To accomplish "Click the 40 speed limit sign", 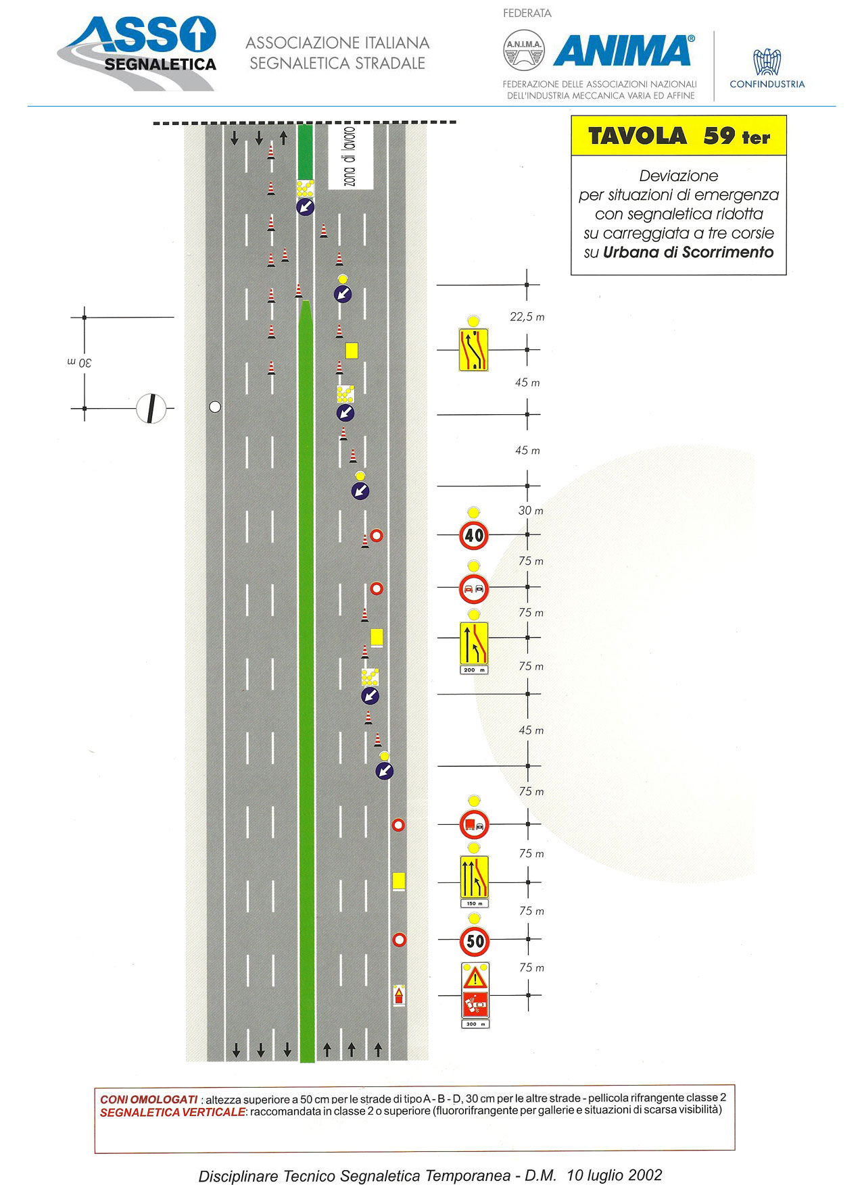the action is point(474,536).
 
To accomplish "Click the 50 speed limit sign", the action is point(475,940).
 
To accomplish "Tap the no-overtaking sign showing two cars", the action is point(474,588).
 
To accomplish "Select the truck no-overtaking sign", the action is point(474,824).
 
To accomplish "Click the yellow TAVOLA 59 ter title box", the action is point(679,136).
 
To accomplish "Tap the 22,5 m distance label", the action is point(527,317).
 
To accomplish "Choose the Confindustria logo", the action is point(767,68).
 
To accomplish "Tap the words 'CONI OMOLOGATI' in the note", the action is point(149,1099).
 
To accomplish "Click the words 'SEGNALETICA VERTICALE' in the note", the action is point(172,1112).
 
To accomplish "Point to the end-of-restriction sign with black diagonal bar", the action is point(151,408).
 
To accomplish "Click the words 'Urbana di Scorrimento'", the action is point(688,252).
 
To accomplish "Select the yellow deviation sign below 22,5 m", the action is point(473,349).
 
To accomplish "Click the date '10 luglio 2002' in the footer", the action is point(615,1175).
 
